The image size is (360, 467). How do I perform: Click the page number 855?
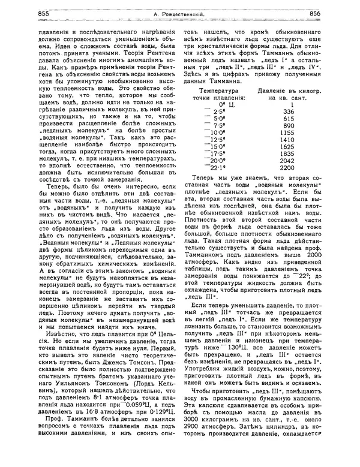(x=26, y=13)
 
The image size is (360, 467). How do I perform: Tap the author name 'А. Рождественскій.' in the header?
(x=180, y=13)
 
